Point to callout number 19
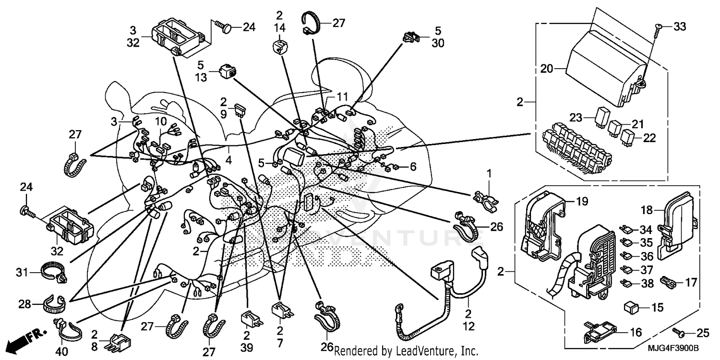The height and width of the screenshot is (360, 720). click(x=581, y=202)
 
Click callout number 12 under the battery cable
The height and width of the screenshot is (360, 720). click(x=468, y=326)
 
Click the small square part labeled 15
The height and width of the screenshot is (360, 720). click(x=630, y=306)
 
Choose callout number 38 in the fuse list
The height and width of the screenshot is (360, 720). click(x=648, y=284)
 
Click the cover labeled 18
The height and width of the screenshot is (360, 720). click(x=678, y=223)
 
